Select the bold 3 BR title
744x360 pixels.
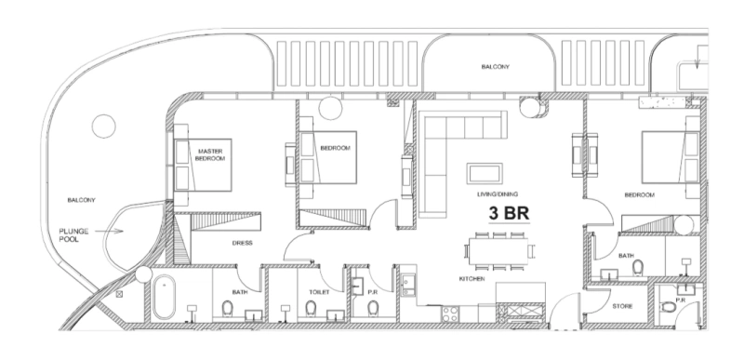509,213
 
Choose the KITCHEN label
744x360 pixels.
471,278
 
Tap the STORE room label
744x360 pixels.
622,305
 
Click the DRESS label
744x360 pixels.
243,243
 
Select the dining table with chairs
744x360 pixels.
498,249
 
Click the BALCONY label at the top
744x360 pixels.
494,67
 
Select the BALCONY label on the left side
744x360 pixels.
83,200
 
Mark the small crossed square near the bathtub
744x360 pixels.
120,294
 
